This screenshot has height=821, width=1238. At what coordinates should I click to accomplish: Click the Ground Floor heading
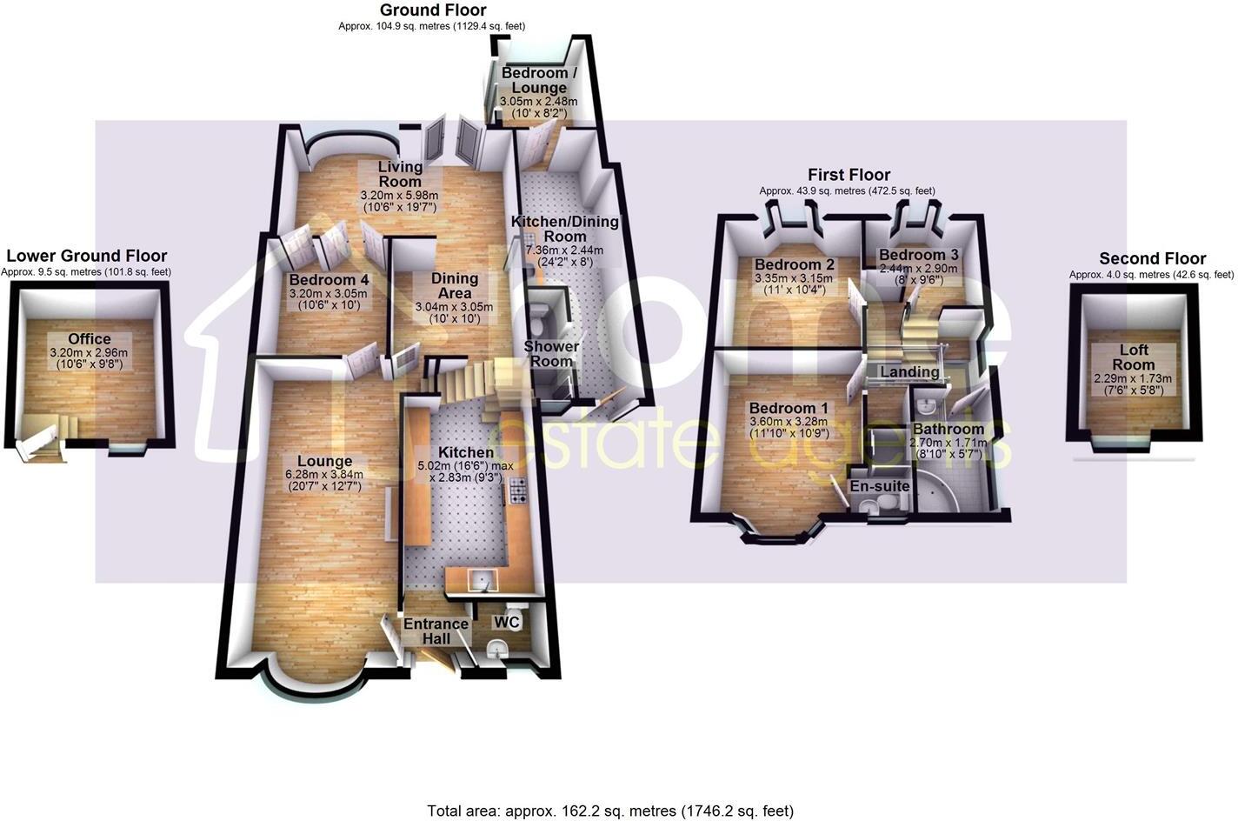pyautogui.click(x=433, y=10)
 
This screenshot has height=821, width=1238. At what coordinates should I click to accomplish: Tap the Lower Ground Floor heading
pyautogui.click(x=86, y=256)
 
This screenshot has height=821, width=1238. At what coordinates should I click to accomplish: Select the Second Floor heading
pyautogui.click(x=1152, y=258)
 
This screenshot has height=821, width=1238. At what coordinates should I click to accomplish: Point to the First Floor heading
pyautogui.click(x=849, y=175)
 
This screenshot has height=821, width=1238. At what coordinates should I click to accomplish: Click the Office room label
pyautogui.click(x=90, y=339)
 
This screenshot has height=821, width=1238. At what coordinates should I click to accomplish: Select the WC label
pyautogui.click(x=507, y=623)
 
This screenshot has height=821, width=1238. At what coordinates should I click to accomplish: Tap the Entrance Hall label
pyautogui.click(x=436, y=631)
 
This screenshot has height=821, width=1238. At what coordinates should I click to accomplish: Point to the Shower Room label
pyautogui.click(x=551, y=354)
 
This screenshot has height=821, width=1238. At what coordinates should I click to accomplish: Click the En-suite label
pyautogui.click(x=880, y=486)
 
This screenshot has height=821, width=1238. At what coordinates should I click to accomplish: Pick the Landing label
pyautogui.click(x=909, y=372)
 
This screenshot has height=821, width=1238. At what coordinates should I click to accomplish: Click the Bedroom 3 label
pyautogui.click(x=918, y=255)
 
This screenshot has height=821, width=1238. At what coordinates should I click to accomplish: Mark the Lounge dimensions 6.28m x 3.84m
pyautogui.click(x=324, y=474)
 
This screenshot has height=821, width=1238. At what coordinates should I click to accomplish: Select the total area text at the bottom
pyautogui.click(x=610, y=811)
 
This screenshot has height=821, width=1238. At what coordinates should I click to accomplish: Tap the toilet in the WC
pyautogui.click(x=497, y=648)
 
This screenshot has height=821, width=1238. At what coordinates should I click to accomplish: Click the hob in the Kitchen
pyautogui.click(x=518, y=491)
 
